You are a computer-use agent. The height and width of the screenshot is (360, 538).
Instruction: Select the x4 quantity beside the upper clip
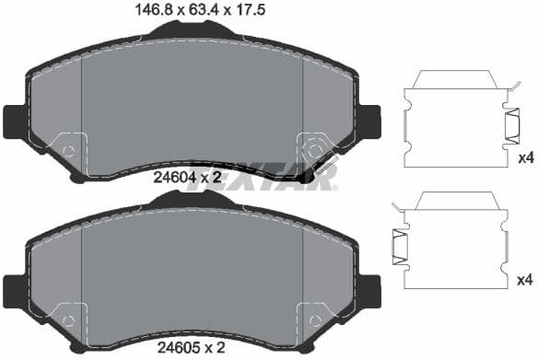point(525,158)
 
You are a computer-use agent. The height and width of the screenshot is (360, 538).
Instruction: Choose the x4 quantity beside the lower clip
point(525,280)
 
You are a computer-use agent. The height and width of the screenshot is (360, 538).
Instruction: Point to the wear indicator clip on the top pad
point(324,167)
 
